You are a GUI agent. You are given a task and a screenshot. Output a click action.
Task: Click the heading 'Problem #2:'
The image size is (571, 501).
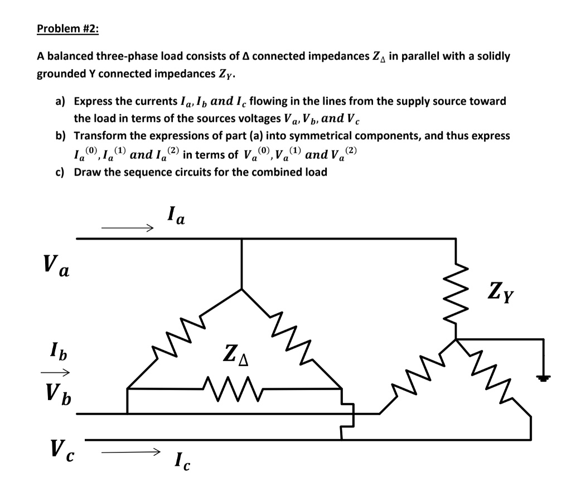pyautogui.click(x=67, y=29)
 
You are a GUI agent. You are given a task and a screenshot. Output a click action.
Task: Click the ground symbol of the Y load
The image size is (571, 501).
pyautogui.click(x=543, y=378)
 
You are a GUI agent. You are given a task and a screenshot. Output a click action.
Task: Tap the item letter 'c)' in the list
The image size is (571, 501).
pyautogui.click(x=60, y=172)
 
